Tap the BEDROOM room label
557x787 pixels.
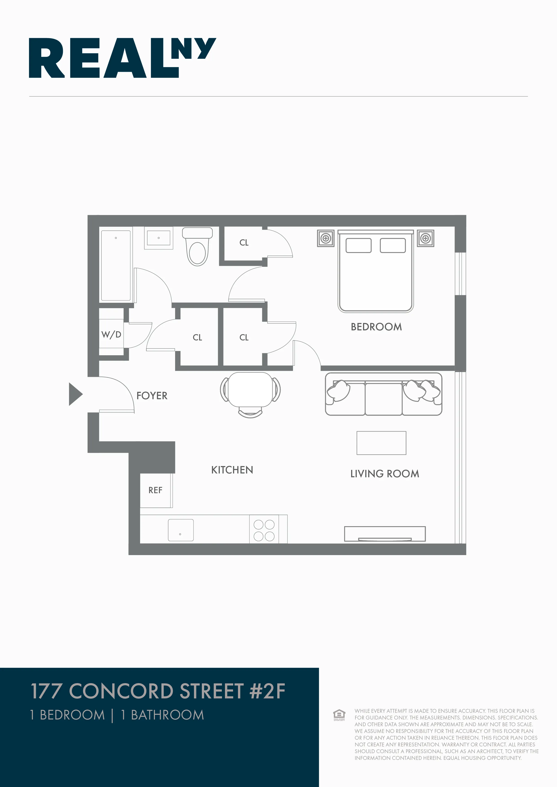click(376, 327)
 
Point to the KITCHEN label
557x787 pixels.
click(232, 470)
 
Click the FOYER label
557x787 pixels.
click(152, 396)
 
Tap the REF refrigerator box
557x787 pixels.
click(155, 490)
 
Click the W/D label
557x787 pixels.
click(111, 335)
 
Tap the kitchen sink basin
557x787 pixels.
click(181, 530)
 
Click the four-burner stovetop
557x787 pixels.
click(264, 530)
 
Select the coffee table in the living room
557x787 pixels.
click(381, 443)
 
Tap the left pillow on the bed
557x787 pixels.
click(358, 245)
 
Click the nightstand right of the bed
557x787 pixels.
click(426, 238)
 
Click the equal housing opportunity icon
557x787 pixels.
click(339, 715)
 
